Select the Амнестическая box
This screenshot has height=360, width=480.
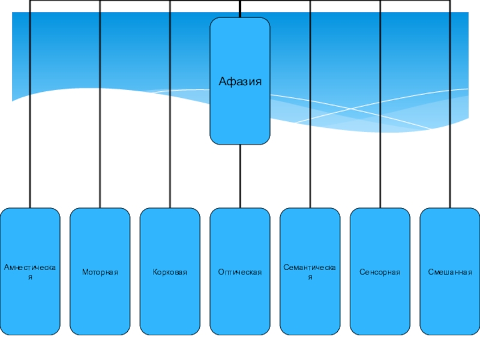30,300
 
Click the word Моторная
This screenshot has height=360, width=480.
100,272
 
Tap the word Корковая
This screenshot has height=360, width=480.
170,272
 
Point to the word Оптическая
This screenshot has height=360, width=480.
240,272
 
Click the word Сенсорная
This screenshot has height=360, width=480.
380,272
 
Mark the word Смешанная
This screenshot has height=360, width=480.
450,272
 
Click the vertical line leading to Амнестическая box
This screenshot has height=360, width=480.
30,120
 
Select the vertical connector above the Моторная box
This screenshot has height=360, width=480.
100,120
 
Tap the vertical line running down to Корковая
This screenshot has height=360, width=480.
170,120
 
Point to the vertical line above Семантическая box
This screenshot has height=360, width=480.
310,120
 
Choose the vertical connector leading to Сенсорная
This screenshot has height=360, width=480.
380,120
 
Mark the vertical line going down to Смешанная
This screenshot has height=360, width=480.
450,120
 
